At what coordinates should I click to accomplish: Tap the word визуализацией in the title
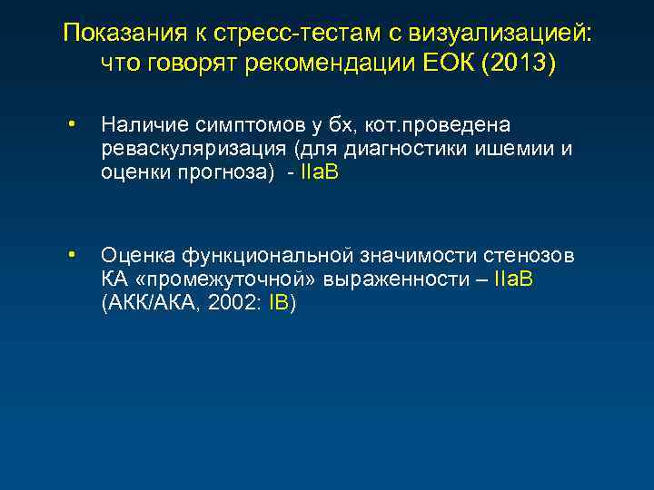(505, 34)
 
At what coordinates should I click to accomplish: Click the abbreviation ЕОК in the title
(442, 66)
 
